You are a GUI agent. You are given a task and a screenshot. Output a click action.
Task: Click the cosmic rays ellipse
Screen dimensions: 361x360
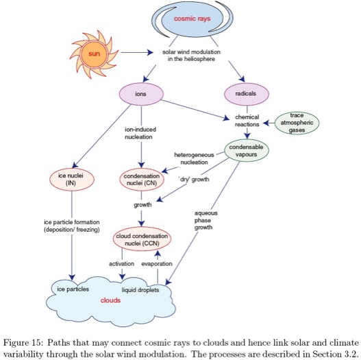click(192, 19)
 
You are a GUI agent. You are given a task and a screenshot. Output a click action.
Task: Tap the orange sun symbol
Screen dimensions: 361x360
click(94, 54)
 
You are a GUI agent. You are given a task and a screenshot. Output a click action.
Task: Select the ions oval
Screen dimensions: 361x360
click(141, 94)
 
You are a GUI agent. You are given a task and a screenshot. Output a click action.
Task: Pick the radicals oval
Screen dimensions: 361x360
click(247, 94)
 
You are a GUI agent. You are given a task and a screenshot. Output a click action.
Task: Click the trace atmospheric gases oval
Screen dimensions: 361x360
click(297, 123)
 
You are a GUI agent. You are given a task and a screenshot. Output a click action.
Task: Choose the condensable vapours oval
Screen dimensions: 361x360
click(247, 151)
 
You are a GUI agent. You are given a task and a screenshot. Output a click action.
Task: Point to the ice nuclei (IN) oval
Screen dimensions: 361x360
click(72, 179)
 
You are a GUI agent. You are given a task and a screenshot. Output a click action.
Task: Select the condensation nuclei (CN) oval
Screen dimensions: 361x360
click(142, 180)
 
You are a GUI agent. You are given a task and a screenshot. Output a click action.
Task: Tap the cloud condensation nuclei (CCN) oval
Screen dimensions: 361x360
click(142, 239)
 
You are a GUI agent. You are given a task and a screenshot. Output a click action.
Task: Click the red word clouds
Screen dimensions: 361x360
click(110, 300)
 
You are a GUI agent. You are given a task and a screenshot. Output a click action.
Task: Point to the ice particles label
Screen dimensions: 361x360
click(73, 289)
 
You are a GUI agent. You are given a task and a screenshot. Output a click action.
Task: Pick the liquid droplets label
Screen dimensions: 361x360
click(140, 290)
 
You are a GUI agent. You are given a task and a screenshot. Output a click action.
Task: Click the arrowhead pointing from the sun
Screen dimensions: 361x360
click(150, 53)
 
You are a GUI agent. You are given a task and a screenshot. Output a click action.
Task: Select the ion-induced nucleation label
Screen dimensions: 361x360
click(140, 133)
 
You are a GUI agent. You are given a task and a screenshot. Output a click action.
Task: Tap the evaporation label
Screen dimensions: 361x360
click(157, 264)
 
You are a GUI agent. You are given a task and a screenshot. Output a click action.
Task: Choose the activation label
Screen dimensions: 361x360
click(121, 264)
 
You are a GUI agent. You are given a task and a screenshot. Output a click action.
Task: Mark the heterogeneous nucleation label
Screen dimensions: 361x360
click(194, 158)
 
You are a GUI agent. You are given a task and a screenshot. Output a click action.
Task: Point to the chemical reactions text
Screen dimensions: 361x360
click(247, 121)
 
